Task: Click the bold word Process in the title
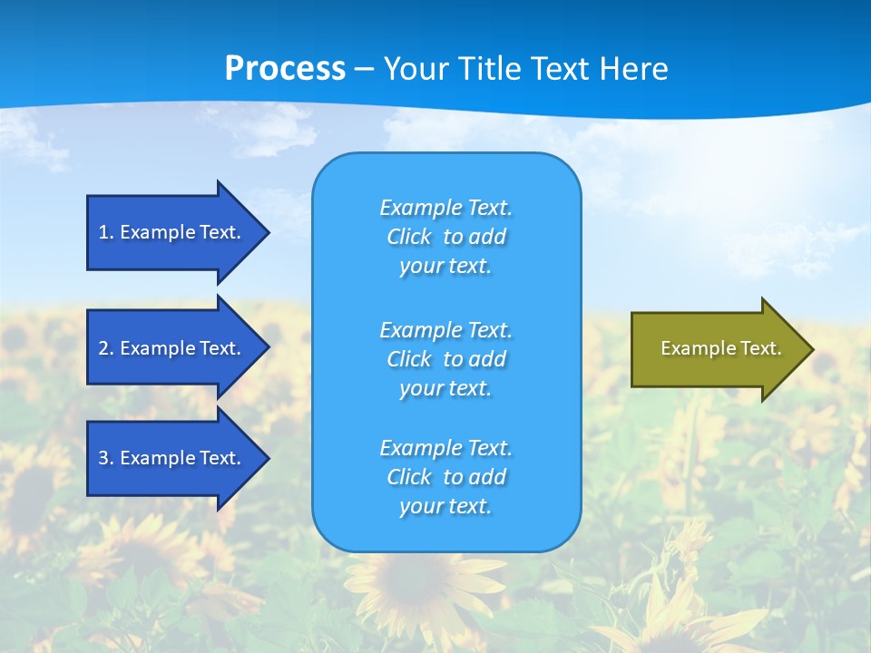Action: point(285,69)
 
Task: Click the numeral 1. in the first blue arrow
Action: point(105,232)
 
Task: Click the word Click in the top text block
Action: point(409,237)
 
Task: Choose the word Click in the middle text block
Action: point(409,359)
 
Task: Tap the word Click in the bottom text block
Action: point(409,477)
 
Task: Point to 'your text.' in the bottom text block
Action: point(445,506)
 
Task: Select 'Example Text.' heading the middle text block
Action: point(445,329)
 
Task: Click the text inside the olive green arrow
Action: point(721,348)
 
